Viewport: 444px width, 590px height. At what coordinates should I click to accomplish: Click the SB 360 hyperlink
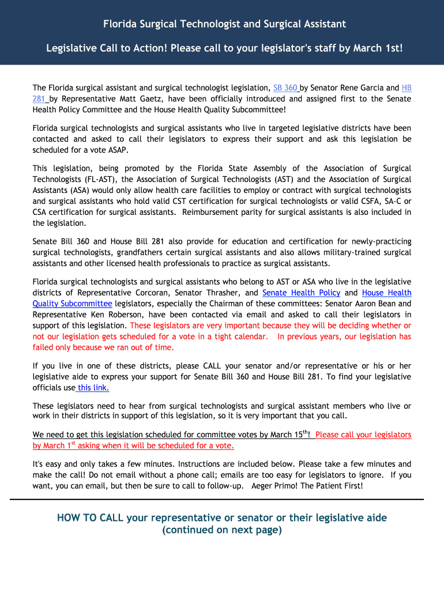[x=285, y=88]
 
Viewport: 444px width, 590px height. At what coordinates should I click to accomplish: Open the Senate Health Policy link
[x=301, y=293]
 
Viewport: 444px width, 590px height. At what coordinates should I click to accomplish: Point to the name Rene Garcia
[x=362, y=88]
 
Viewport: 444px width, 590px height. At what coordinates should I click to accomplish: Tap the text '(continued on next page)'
[x=222, y=530]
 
